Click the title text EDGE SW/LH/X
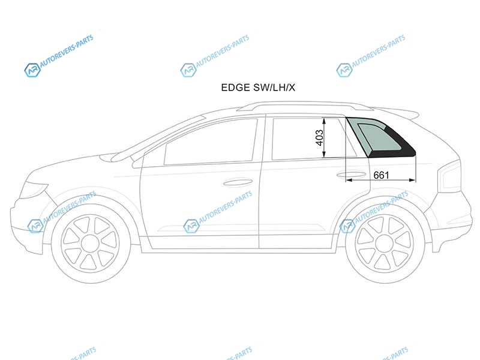coord(258,88)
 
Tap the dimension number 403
coord(319,138)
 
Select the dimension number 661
coord(381,175)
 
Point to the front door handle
coord(238,183)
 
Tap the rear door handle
coord(351,175)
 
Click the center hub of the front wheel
coord(91,244)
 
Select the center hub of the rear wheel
coord(385,244)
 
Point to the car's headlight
coord(34,190)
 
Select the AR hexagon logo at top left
coord(32,70)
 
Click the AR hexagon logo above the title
coord(188,70)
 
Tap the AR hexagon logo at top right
coord(344,70)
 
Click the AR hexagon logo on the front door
coord(191,226)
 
